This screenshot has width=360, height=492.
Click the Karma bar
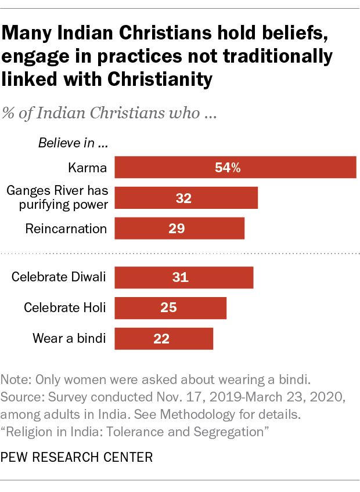[x=235, y=168]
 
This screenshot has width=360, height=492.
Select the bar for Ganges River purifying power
[x=186, y=198]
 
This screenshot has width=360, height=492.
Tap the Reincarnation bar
[x=179, y=229]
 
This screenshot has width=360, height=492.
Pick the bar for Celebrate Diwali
[x=183, y=277]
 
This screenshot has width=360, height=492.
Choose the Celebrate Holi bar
[x=170, y=308]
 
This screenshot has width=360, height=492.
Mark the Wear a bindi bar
[x=164, y=339]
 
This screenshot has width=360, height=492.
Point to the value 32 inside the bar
[x=184, y=198]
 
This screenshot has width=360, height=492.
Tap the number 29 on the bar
[x=177, y=229]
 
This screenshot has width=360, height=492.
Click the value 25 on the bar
[x=168, y=308]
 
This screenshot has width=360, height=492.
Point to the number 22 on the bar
[x=162, y=339]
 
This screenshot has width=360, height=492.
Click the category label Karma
[x=87, y=168]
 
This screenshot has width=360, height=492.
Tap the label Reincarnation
[x=66, y=229]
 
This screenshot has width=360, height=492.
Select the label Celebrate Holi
[x=64, y=308]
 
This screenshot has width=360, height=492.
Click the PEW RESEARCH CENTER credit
[x=77, y=458]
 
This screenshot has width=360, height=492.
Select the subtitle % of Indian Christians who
[x=110, y=113]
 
